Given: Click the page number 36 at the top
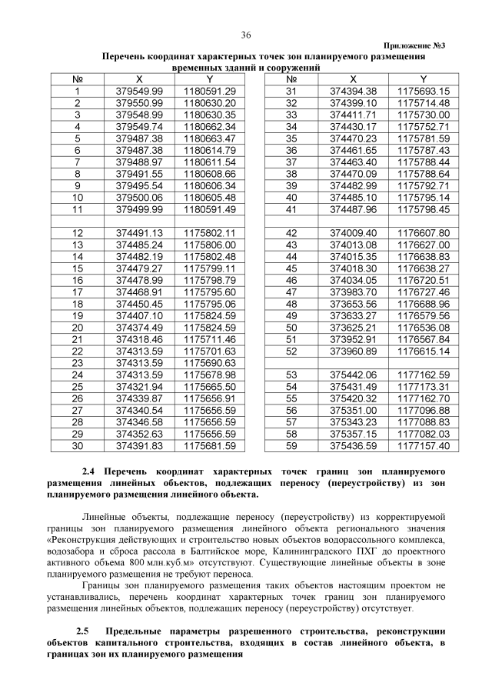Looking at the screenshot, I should tap(246, 35).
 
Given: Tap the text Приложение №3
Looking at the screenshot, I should tap(412, 46).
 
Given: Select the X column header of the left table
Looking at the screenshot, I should tap(139, 79).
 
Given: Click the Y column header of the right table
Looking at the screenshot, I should tap(424, 79).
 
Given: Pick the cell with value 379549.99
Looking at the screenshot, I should tap(139, 91).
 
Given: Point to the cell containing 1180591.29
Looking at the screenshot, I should tap(209, 91).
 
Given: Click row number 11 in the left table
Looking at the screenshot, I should tap(77, 208).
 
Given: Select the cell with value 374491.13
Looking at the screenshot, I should tap(139, 232).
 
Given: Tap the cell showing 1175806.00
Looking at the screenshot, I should tap(209, 244).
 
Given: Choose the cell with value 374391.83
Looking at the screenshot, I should tap(139, 445).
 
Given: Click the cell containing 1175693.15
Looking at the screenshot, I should tap(424, 91).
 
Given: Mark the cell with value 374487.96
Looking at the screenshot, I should tap(353, 208).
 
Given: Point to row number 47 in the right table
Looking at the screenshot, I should tap(291, 291).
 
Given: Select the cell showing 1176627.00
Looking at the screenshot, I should tap(424, 244).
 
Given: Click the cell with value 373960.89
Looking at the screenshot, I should tap(353, 350).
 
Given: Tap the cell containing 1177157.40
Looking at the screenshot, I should tap(424, 445).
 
